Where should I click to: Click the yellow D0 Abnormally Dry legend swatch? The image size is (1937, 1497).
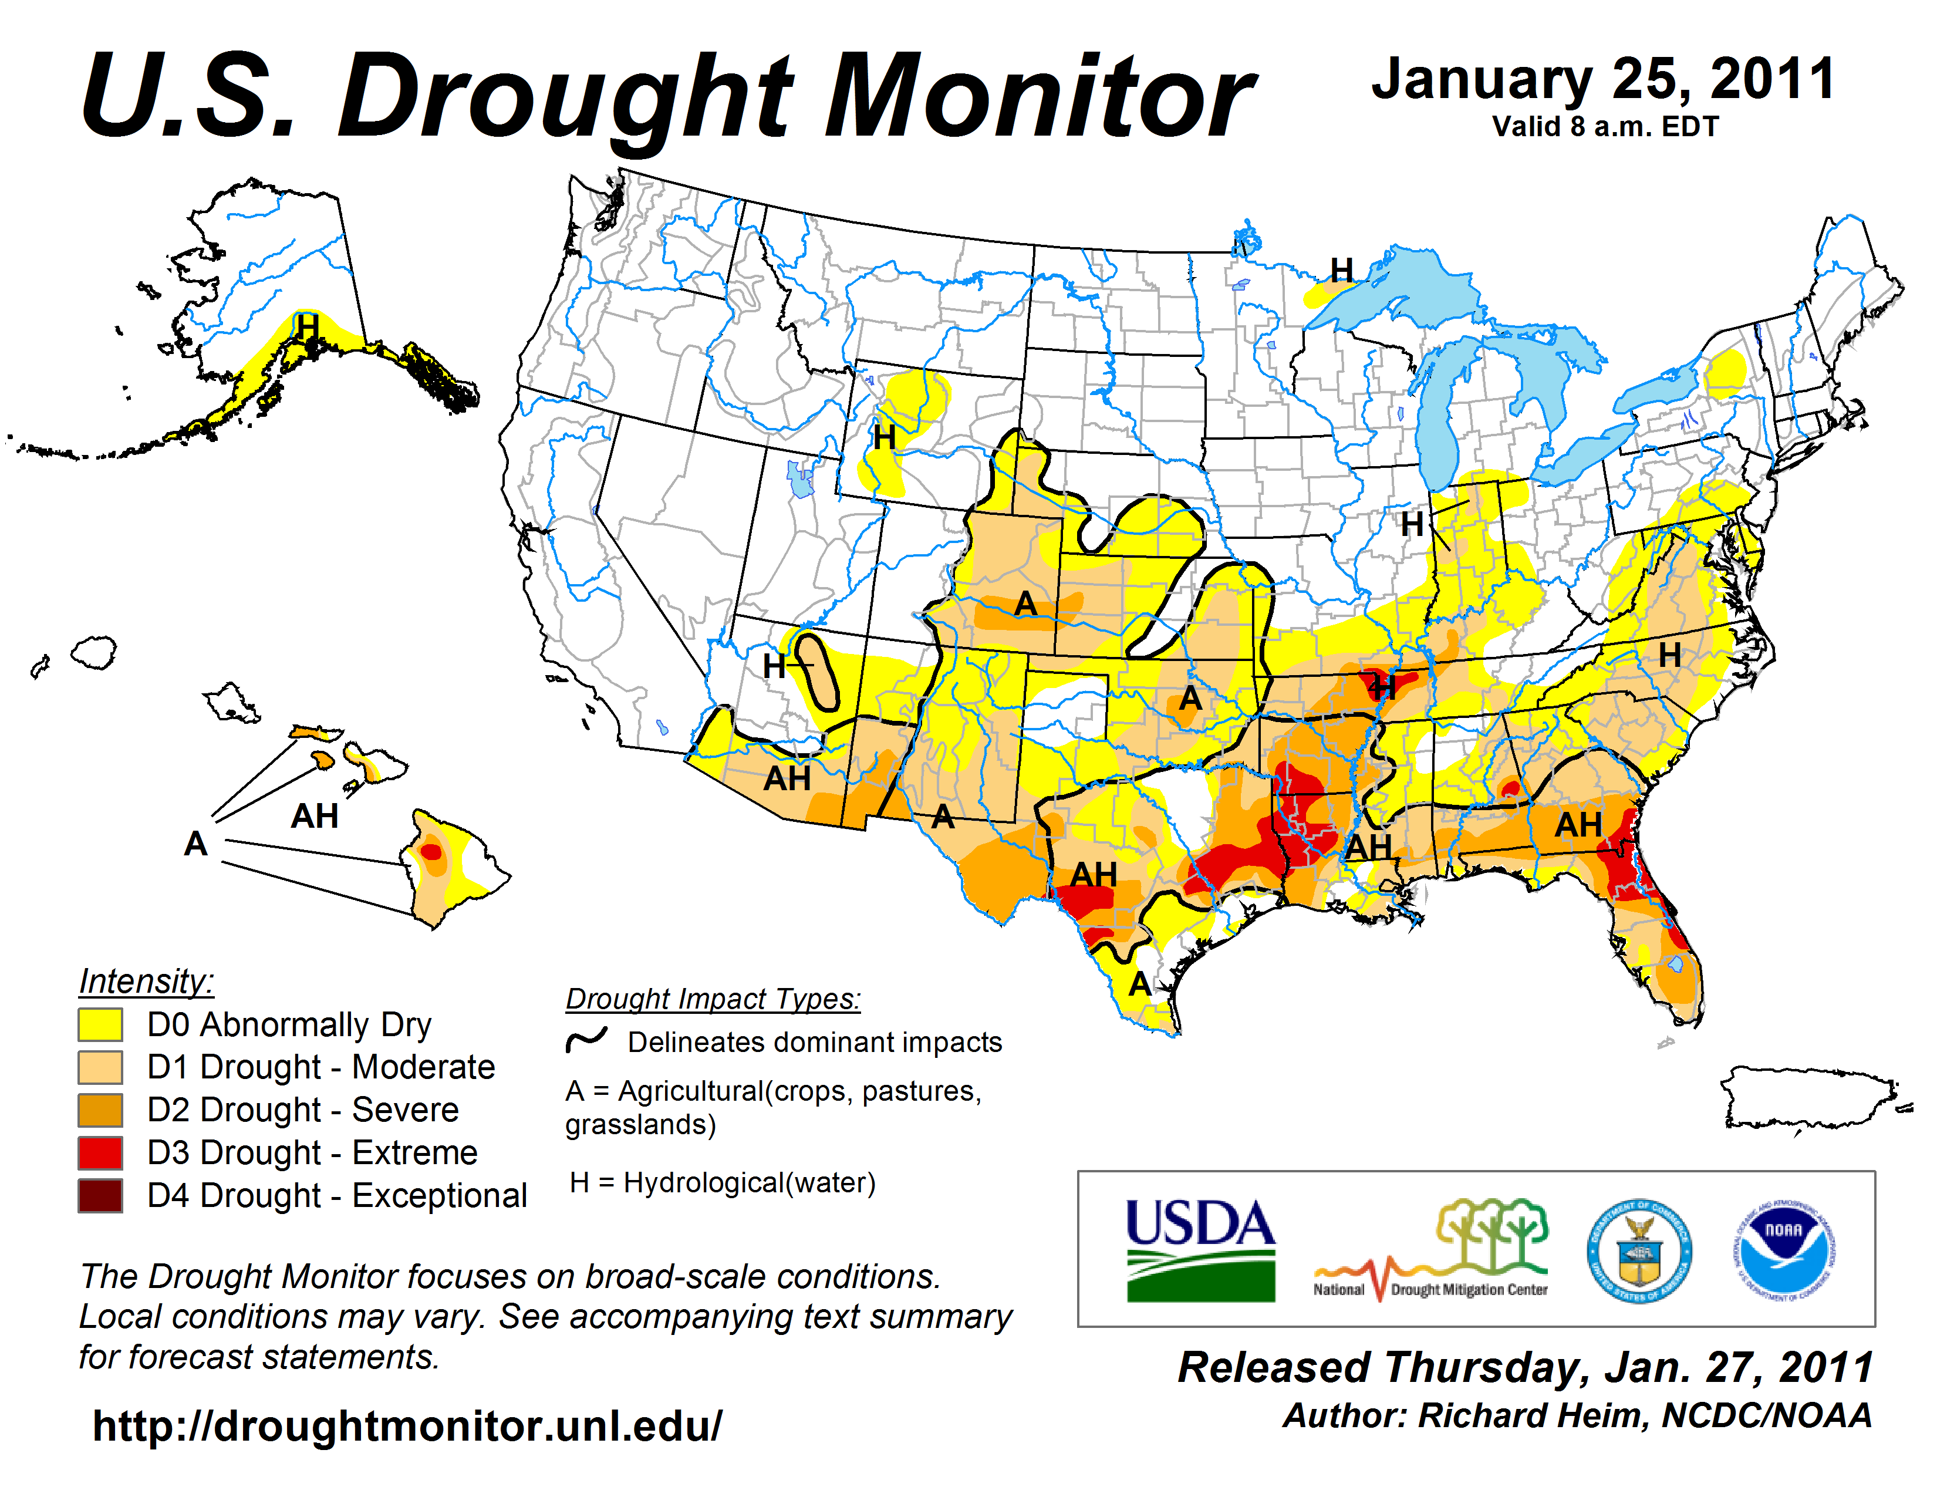point(100,1024)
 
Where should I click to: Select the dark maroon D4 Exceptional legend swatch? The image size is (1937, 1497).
point(100,1195)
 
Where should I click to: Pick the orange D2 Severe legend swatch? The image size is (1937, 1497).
point(100,1110)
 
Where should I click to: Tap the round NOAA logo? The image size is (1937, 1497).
point(1784,1250)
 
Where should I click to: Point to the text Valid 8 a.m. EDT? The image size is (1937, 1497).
point(1605,127)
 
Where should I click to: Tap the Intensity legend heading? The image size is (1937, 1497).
point(146,982)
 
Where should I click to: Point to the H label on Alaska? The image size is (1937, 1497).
point(307,326)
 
